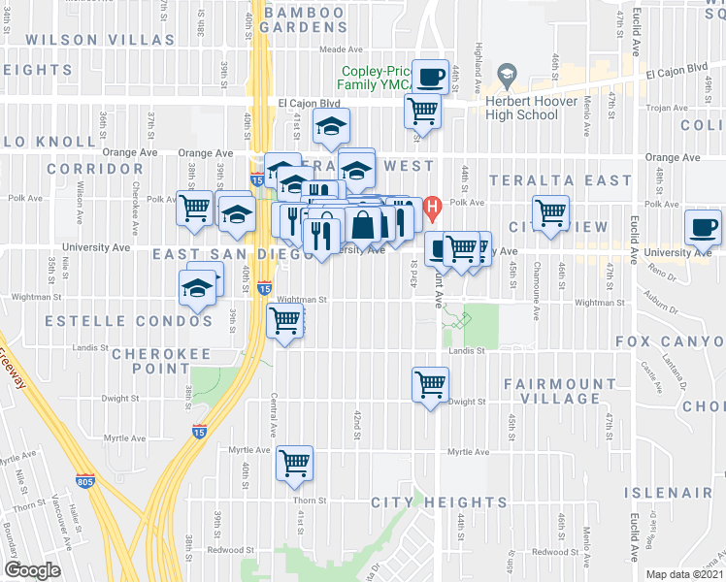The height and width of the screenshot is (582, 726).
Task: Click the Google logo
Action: point(32,570)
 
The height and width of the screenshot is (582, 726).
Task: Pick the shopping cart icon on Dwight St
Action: point(430,384)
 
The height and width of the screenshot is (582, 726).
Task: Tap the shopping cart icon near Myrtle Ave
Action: point(295,463)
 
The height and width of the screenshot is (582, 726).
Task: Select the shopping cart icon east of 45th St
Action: point(550,212)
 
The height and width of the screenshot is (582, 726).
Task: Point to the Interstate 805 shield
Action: point(84,480)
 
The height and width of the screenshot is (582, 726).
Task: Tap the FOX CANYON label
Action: point(670,342)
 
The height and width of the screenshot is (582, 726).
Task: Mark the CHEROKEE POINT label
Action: point(150,361)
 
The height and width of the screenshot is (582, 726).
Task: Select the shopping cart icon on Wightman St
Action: point(286,320)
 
